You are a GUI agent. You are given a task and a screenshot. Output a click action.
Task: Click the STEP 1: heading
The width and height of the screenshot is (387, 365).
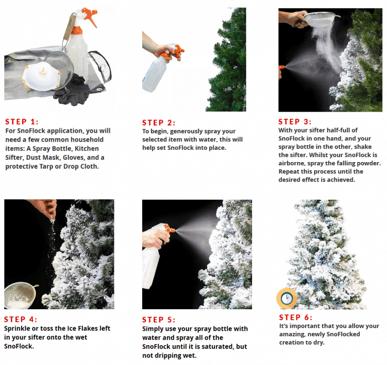pos(22,122)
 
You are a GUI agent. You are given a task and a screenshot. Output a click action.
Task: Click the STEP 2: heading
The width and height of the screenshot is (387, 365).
pos(159,123)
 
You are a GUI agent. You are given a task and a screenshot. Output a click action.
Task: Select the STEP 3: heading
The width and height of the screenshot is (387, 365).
pos(295,122)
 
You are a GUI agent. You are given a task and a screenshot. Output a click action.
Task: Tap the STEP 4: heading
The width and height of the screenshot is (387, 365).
pos(20,319)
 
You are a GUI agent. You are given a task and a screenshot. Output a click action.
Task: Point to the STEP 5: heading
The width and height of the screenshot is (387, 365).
pos(159,320)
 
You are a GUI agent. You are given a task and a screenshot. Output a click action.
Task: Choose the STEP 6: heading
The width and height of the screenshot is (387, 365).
pos(296,317)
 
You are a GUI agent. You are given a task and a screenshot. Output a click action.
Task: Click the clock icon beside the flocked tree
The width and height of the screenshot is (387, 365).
pos(286,299)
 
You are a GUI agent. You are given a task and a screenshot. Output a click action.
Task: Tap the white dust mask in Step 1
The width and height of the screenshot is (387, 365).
pos(41,76)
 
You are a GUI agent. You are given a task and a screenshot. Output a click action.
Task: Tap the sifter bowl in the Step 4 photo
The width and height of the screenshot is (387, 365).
pos(20,296)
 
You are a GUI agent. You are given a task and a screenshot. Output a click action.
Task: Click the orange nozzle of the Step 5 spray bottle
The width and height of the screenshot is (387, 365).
pos(170,229)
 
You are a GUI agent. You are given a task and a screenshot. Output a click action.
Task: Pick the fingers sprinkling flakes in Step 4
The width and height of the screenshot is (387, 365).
pos(51,213)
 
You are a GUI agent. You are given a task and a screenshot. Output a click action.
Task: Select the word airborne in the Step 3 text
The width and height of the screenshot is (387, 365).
pos(291,163)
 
